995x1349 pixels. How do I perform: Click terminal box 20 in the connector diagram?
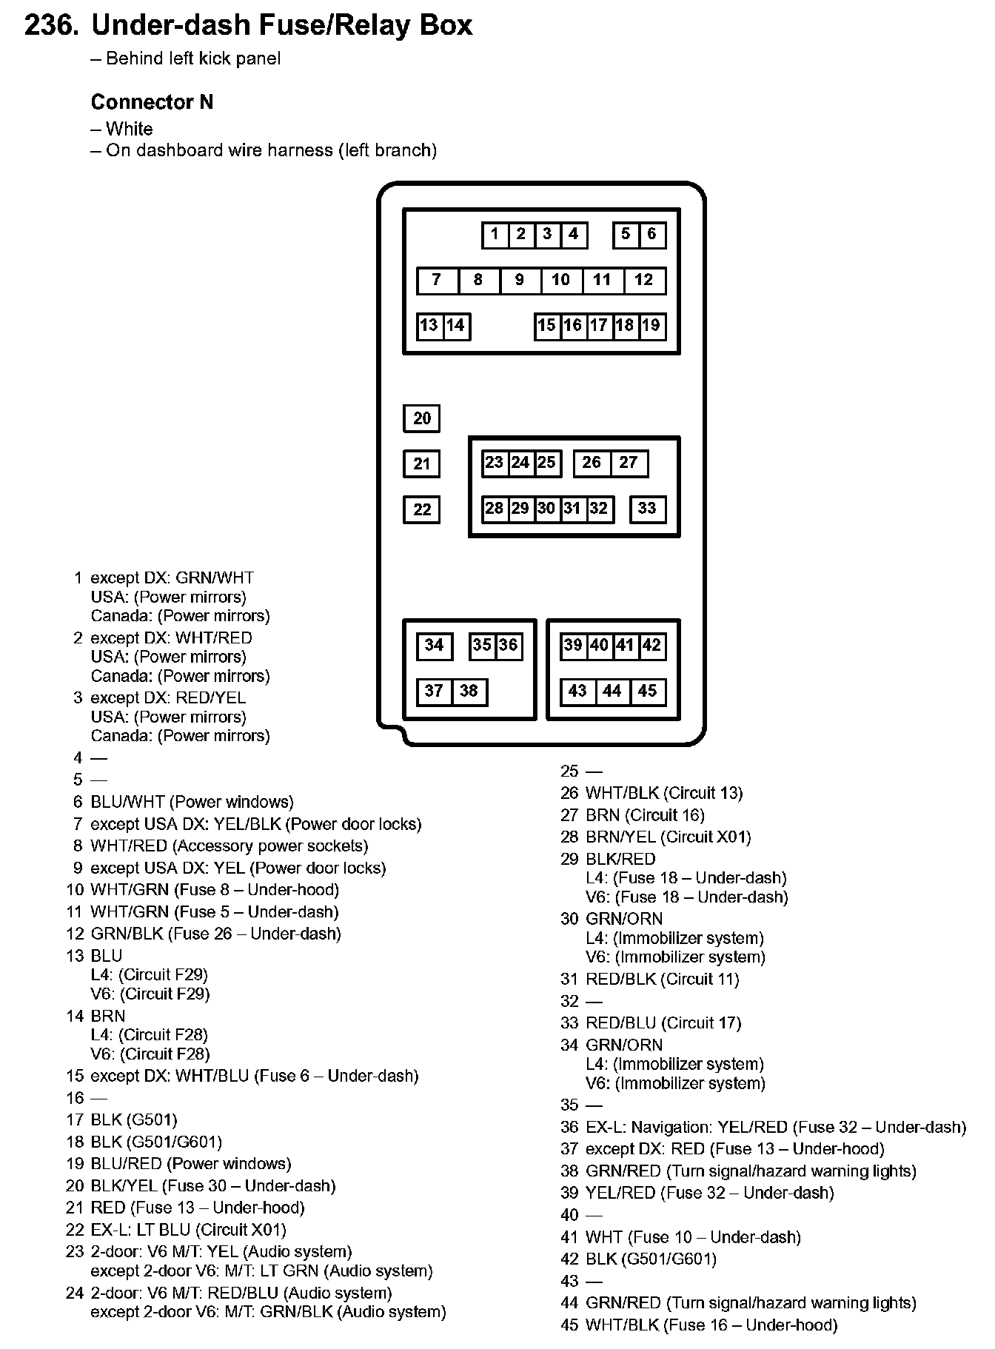click(422, 418)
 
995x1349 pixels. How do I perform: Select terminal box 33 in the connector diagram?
click(647, 509)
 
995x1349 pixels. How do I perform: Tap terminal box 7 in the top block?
click(437, 280)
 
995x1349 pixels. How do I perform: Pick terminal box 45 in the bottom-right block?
click(647, 692)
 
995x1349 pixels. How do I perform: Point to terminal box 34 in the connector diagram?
click(434, 646)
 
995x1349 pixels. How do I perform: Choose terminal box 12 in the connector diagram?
click(644, 280)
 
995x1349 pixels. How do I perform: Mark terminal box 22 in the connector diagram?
click(422, 509)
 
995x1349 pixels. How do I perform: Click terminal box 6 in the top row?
click(651, 235)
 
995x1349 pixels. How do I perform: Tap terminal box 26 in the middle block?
click(592, 463)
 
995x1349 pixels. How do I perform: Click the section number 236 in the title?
click(50, 26)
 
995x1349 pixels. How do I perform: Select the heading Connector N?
click(152, 102)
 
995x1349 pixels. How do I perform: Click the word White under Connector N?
click(129, 129)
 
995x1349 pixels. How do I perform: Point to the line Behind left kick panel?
click(192, 58)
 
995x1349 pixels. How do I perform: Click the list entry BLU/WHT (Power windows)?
click(192, 802)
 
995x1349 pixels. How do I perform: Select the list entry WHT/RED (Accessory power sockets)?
click(229, 846)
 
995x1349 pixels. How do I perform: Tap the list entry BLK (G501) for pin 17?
click(134, 1119)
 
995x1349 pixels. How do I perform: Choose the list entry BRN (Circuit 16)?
click(645, 815)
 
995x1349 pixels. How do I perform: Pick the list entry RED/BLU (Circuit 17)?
click(663, 1022)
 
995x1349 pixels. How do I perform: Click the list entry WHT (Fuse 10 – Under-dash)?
click(693, 1236)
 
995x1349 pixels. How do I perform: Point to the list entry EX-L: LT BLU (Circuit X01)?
click(188, 1230)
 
